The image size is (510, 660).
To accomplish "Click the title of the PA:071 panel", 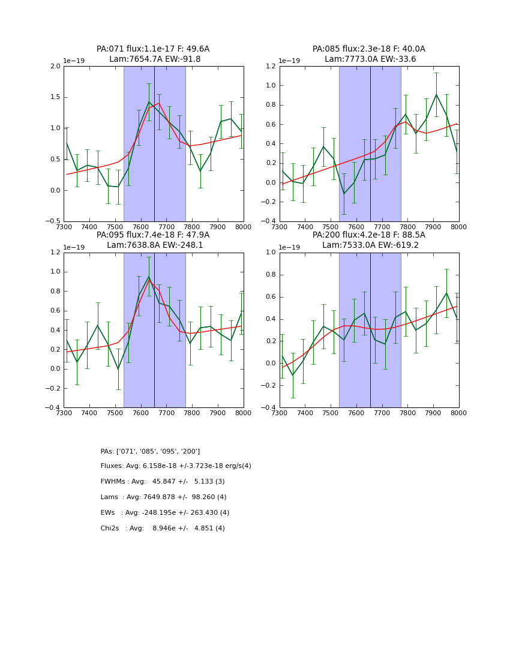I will coord(153,54).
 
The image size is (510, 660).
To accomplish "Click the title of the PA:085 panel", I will coord(368,54).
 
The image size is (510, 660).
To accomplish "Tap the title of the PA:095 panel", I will coord(153,240).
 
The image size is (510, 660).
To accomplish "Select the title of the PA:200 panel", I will coord(368,240).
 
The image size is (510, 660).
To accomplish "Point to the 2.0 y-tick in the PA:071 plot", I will coord(55,67).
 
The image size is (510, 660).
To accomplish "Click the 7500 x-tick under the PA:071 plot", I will coord(115,226).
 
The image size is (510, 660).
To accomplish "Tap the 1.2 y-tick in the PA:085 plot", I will coord(271,67).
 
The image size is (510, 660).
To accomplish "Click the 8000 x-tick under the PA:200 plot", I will coord(458,413).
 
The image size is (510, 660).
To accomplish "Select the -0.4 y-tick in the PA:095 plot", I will coord(53,408).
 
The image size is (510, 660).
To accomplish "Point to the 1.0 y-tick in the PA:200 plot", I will coord(271,253).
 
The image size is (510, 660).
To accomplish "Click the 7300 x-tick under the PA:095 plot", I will coord(64,413).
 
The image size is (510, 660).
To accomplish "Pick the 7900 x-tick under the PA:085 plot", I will coord(433,226).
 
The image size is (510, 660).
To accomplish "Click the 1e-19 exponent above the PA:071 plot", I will coord(74,61).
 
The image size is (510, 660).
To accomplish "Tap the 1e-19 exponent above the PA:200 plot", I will coord(290,247).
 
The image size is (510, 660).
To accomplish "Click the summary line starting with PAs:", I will coord(150,451).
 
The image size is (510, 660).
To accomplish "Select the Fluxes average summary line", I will coord(176,466).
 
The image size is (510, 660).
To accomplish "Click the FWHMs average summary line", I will coord(163,482).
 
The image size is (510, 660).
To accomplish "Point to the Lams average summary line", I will coord(163,497).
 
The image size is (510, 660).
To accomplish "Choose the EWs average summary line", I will coord(164,513).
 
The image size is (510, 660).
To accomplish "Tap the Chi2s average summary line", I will coord(163,529).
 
